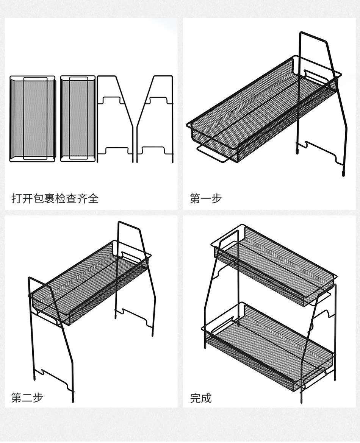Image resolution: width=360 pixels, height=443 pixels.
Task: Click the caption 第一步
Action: [x=205, y=198]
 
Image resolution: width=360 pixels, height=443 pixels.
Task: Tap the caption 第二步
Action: [x=27, y=398]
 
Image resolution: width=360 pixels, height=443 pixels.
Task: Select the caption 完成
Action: [x=200, y=398]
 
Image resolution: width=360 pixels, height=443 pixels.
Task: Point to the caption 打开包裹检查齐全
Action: [x=55, y=198]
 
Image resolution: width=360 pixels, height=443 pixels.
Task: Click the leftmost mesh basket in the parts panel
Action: [x=33, y=119]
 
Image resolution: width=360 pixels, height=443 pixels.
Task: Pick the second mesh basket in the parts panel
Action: [x=78, y=119]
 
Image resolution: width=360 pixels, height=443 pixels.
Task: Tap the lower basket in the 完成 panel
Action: [x=269, y=341]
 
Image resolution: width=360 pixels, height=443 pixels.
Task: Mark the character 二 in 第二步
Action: [x=27, y=398]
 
